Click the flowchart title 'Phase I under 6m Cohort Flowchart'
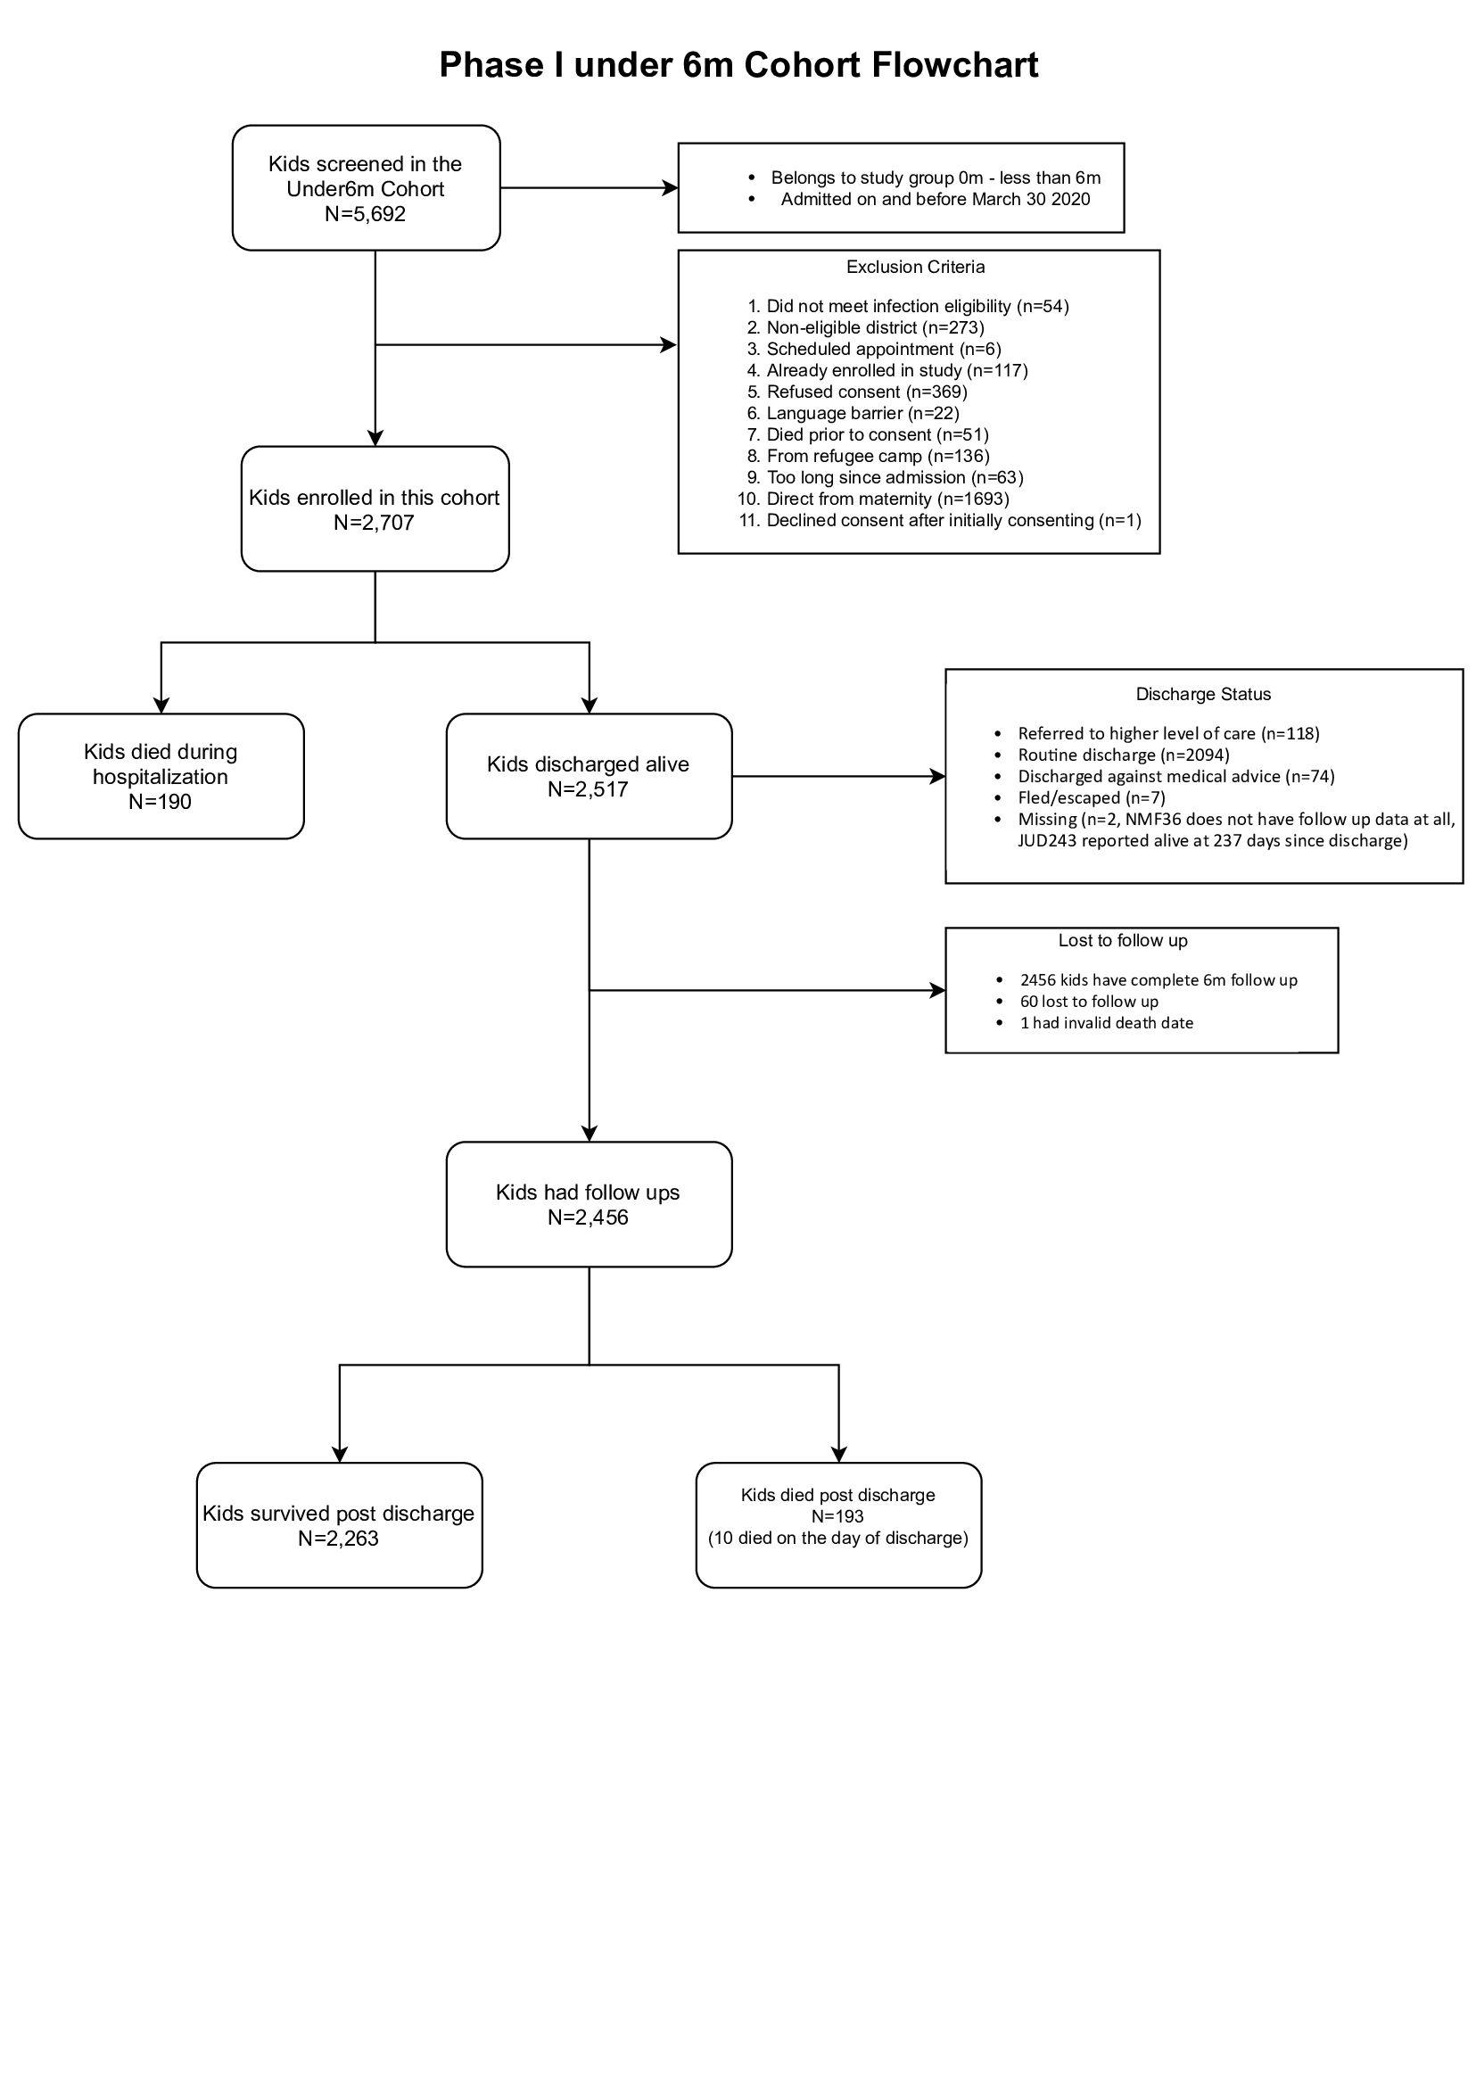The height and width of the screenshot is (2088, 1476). pos(738,64)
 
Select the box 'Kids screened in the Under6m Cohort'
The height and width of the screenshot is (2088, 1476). pos(367,188)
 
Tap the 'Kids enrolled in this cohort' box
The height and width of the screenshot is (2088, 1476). pos(375,509)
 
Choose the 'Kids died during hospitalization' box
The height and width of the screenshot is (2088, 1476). pos(161,777)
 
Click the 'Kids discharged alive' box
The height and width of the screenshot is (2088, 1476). pos(590,777)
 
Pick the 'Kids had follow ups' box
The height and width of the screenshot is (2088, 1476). pos(590,1205)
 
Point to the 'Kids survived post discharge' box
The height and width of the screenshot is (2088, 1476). pos(339,1526)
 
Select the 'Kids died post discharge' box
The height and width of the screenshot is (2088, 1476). pos(838,1526)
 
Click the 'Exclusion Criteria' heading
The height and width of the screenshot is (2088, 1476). pos(916,268)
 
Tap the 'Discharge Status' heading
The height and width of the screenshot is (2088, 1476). pos(1203,695)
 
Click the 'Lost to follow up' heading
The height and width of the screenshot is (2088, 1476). pos(1123,941)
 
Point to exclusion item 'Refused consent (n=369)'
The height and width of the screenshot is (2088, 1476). pos(867,392)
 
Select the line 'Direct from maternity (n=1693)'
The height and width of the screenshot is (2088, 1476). pos(887,499)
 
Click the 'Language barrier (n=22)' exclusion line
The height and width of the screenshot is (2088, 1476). pos(863,414)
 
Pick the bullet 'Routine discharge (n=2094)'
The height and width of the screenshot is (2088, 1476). pos(1124,755)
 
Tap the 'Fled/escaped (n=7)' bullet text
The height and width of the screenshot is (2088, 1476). pos(1092,798)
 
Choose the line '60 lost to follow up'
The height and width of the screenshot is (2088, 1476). pos(1090,1003)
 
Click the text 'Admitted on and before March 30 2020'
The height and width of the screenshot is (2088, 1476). pos(936,199)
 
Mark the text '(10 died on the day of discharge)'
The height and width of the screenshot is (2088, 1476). pos(838,1538)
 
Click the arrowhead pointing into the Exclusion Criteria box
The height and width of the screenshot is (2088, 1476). pos(671,344)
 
